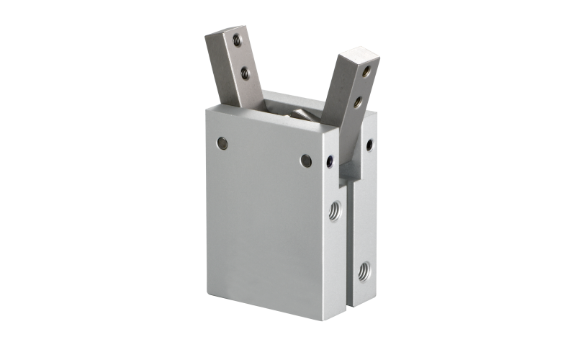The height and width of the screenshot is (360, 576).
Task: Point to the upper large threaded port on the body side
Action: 335,212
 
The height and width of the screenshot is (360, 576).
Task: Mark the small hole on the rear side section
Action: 369,145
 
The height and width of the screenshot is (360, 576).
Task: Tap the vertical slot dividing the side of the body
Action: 348,238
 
